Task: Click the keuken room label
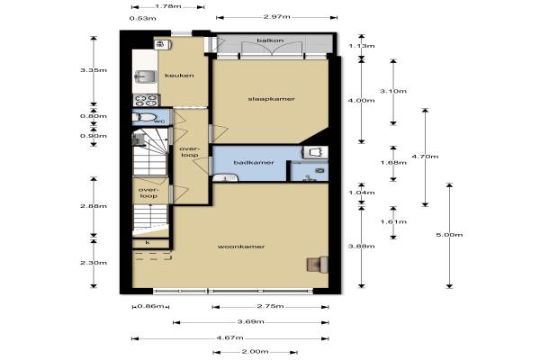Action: tap(179, 76)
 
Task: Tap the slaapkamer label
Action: tap(272, 99)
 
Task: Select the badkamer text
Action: tap(254, 162)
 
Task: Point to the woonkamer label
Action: tap(241, 247)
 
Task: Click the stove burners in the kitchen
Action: tap(146, 100)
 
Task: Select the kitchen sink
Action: tap(145, 76)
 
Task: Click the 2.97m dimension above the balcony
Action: tap(277, 16)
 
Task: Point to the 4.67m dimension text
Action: tap(230, 337)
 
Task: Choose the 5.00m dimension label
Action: tap(449, 235)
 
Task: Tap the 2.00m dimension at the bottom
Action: tap(255, 351)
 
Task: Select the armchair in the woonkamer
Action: tap(317, 265)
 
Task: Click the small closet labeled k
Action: tap(151, 243)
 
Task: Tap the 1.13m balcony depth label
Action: tap(362, 46)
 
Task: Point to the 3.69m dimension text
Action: tap(251, 322)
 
